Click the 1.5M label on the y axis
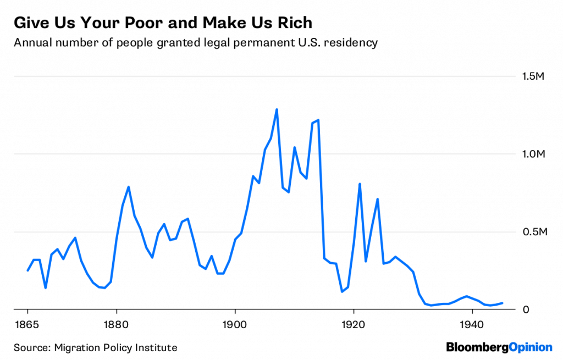(x=533, y=76)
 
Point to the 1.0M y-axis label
(x=533, y=154)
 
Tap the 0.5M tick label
(x=533, y=232)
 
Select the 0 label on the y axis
(x=526, y=309)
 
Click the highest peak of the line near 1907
(x=277, y=109)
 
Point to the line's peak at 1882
(x=128, y=187)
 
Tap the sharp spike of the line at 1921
(x=360, y=184)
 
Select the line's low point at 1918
(x=342, y=291)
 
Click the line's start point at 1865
(x=27, y=270)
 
